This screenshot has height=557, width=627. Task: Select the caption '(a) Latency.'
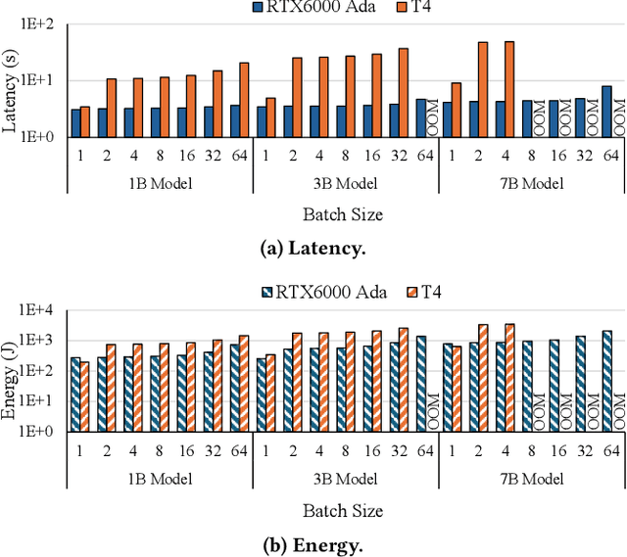tap(313, 249)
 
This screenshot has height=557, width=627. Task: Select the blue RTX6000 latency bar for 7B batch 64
tap(606, 111)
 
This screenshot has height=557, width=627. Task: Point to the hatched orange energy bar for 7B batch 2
tap(482, 377)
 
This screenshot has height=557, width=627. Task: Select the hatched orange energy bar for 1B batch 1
tap(85, 395)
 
